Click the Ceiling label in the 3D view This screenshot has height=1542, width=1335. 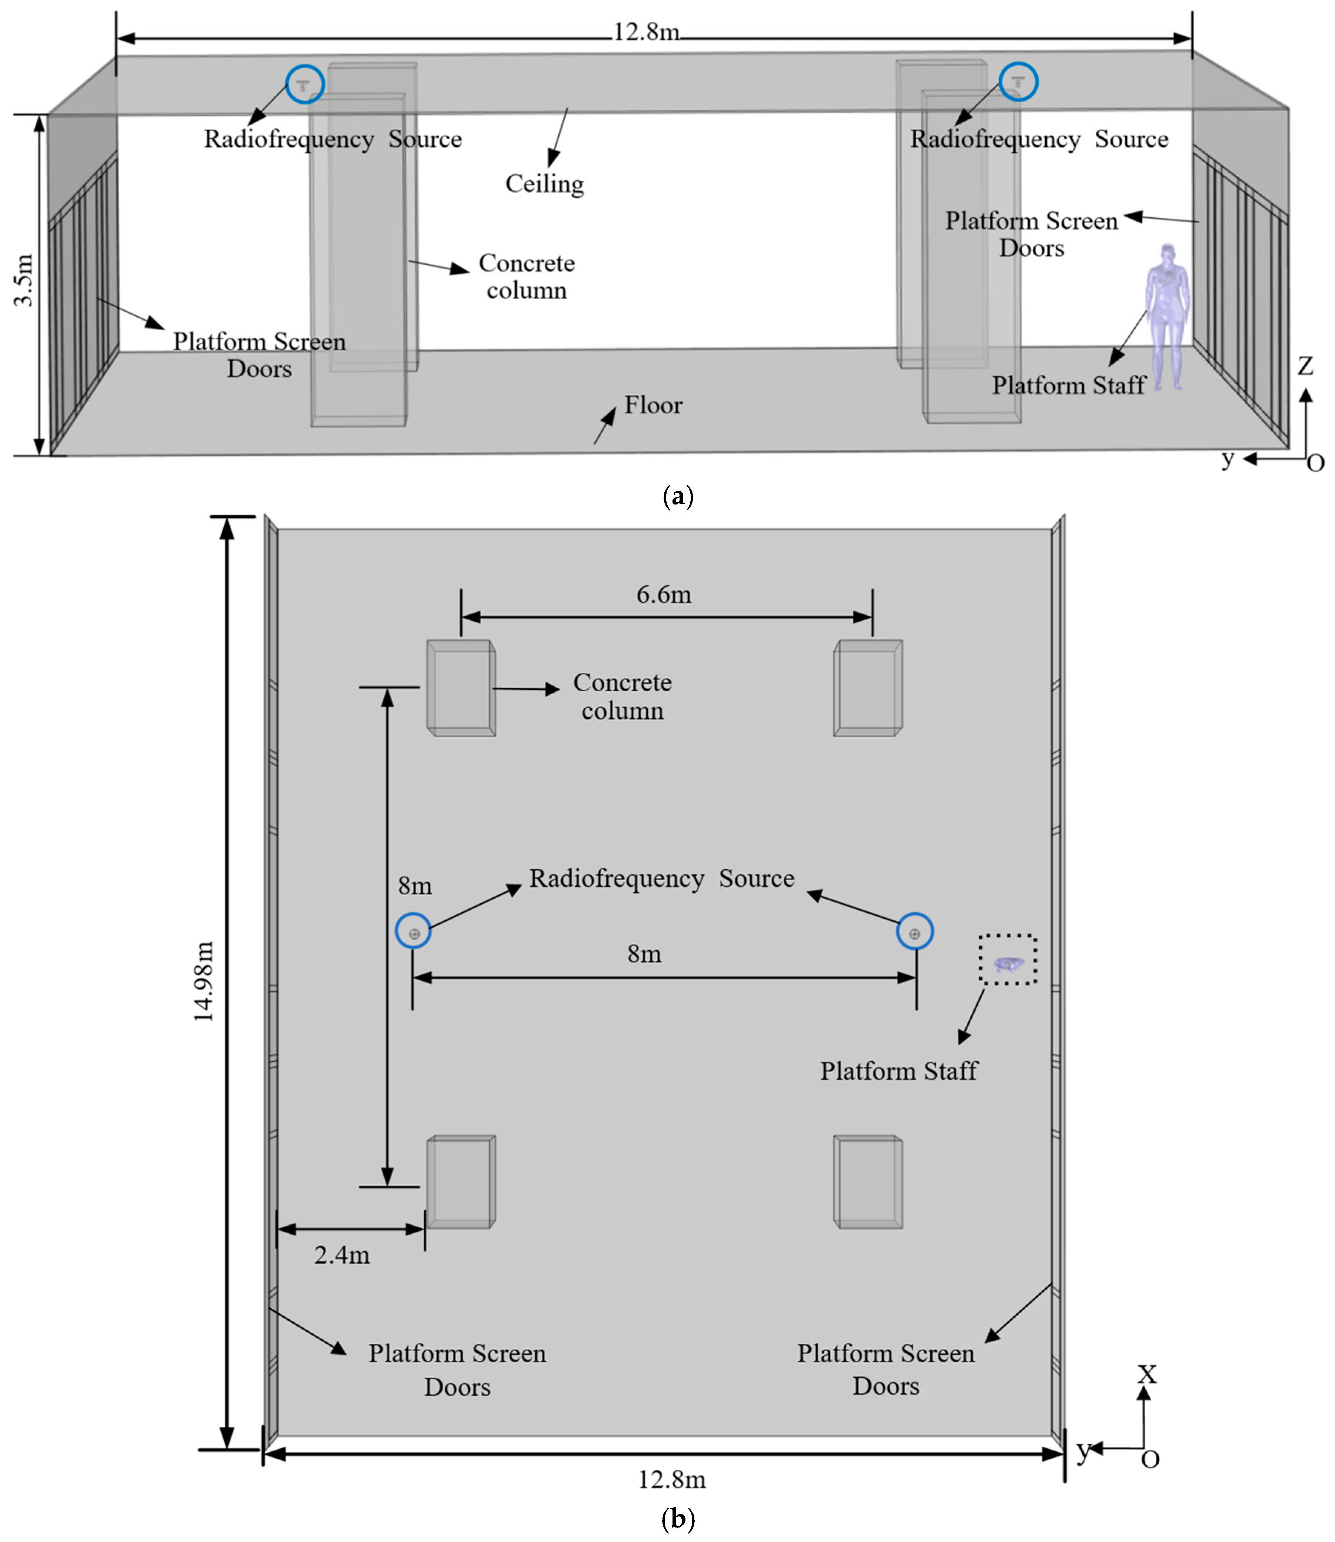tap(545, 183)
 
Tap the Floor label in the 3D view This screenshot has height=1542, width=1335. tap(653, 405)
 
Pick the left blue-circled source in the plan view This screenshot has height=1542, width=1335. tap(414, 932)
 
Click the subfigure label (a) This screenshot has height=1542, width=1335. tap(677, 496)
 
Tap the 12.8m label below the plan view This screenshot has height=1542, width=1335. tap(671, 1479)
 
